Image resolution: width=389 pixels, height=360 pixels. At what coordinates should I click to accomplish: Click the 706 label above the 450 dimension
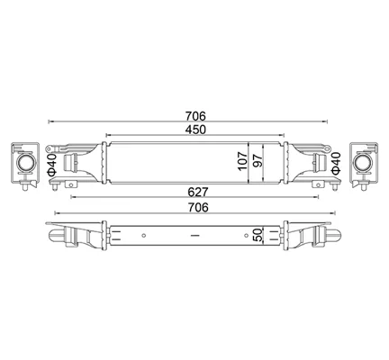[195, 116]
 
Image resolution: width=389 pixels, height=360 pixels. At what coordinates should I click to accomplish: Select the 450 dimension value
[195, 130]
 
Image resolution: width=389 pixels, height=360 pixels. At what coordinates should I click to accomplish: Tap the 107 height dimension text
[242, 161]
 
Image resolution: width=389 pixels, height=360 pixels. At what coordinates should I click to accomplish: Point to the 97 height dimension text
[258, 161]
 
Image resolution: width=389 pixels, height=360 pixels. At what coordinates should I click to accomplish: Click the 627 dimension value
[198, 192]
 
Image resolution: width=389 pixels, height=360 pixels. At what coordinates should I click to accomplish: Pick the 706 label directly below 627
[198, 207]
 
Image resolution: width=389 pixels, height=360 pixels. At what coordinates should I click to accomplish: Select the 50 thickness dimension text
[258, 235]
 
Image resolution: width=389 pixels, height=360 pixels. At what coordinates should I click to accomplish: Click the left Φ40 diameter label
[51, 164]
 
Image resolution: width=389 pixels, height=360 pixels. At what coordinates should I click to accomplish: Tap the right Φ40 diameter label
[336, 163]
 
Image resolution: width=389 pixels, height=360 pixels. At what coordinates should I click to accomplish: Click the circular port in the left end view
[26, 163]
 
